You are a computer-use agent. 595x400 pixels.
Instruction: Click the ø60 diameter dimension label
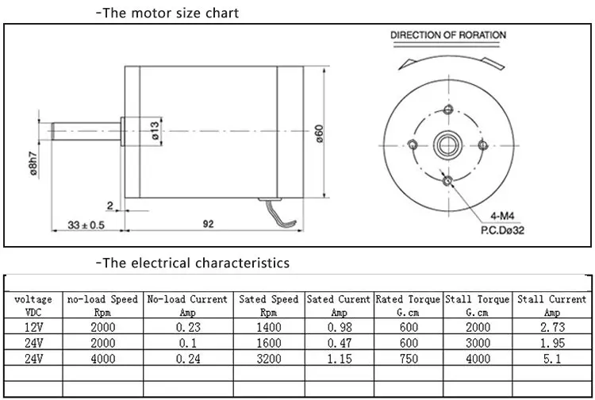coord(319,133)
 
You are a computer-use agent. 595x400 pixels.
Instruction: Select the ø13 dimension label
coord(155,130)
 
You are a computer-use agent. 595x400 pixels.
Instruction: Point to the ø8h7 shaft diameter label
coord(33,164)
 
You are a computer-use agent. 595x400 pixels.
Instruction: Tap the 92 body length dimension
coord(209,224)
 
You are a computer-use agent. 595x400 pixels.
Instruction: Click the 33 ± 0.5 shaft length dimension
coord(86,225)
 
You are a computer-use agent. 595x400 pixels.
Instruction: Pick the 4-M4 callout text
coord(502,216)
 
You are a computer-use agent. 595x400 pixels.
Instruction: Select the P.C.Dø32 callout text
coord(502,230)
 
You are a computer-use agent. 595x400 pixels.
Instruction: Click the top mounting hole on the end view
coord(448,110)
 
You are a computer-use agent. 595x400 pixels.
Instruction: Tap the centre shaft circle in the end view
coord(448,145)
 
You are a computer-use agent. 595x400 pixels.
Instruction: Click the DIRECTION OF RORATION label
coord(448,35)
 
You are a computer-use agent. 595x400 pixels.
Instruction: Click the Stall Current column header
coord(551,306)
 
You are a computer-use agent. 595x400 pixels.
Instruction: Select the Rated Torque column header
coord(408,306)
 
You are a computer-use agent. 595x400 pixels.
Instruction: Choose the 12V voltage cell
coord(34,327)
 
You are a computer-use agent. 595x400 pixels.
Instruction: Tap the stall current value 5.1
coord(551,359)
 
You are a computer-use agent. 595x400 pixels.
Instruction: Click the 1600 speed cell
coord(269,343)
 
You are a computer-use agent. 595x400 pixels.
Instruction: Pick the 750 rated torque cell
coord(409,359)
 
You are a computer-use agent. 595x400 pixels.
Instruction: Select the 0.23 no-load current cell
coord(188,327)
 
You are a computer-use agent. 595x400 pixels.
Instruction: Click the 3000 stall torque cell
coord(478,343)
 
